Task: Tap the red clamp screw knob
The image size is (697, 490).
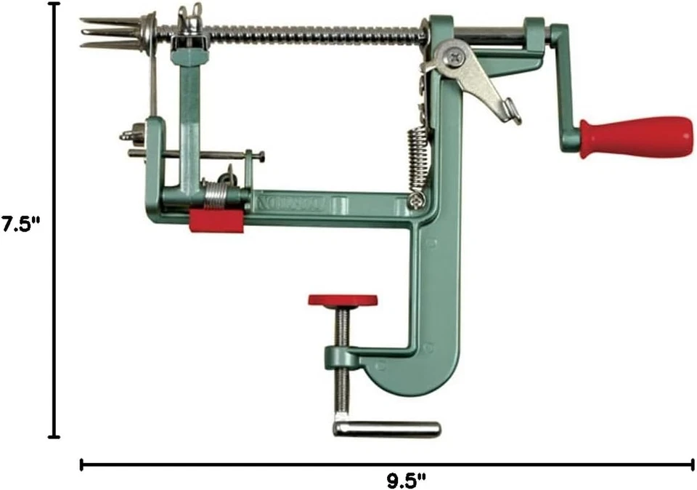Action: (343, 300)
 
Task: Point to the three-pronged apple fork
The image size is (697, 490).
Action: (109, 32)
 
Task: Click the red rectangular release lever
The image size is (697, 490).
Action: (216, 220)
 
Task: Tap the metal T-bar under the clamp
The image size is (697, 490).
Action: (387, 429)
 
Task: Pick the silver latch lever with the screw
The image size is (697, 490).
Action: (476, 76)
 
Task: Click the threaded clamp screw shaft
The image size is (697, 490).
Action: (342, 364)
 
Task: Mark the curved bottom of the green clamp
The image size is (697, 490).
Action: (407, 382)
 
